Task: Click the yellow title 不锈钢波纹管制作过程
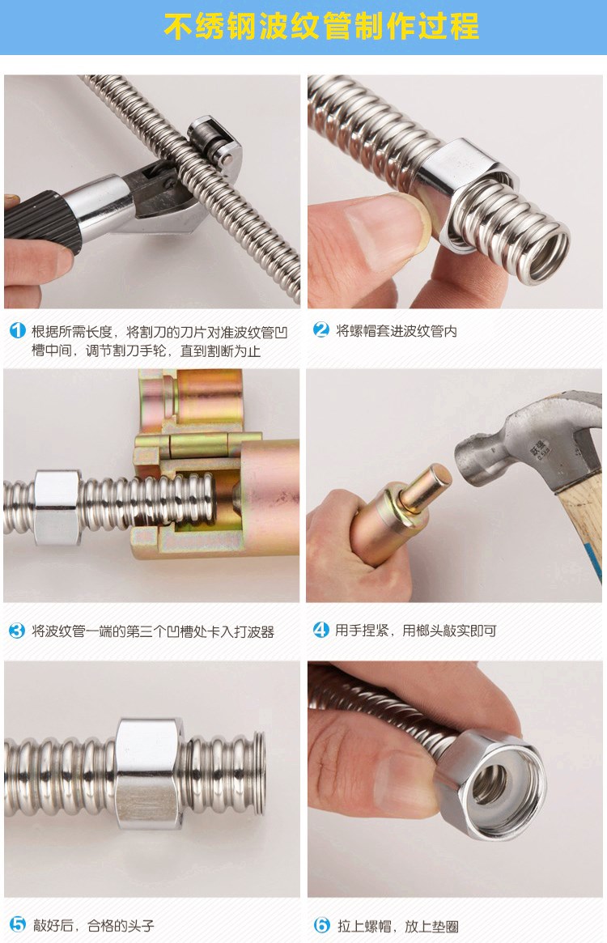pyautogui.click(x=321, y=27)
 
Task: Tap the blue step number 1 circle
pyautogui.click(x=18, y=330)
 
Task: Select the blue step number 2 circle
pyautogui.click(x=321, y=329)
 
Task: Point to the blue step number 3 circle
pyautogui.click(x=17, y=631)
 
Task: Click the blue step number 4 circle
pyautogui.click(x=321, y=630)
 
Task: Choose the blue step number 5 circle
pyautogui.click(x=18, y=924)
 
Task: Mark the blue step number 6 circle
pyautogui.click(x=322, y=925)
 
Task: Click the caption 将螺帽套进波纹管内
pyautogui.click(x=397, y=331)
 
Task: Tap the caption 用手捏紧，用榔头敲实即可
pyautogui.click(x=416, y=631)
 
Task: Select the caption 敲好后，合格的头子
pyautogui.click(x=93, y=925)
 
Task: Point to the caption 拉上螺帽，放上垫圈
pyautogui.click(x=397, y=926)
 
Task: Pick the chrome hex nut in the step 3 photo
pyautogui.click(x=57, y=507)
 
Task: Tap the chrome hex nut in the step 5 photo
pyautogui.click(x=148, y=773)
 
